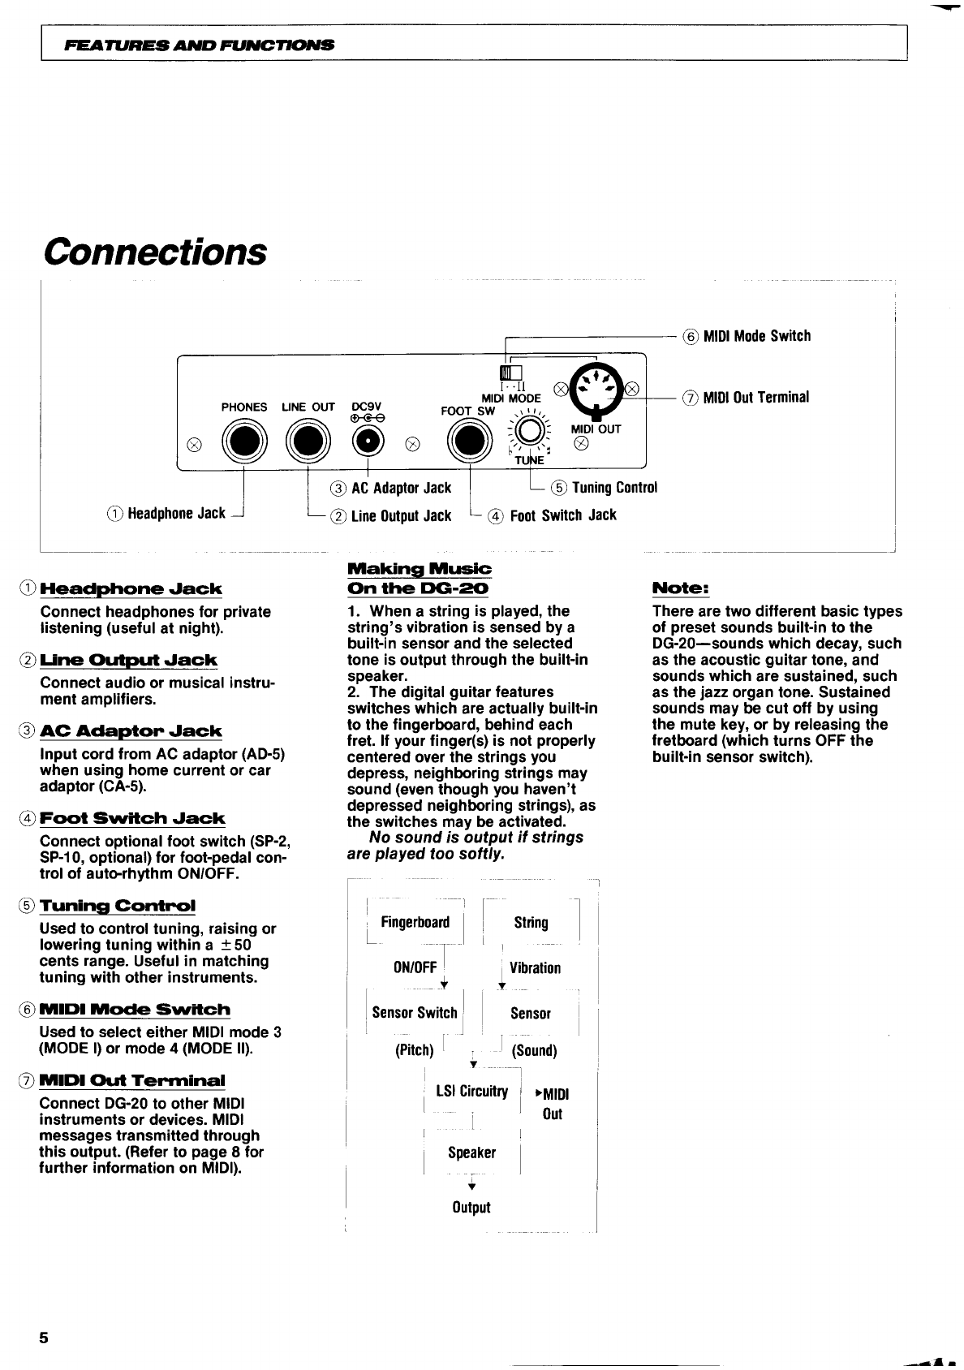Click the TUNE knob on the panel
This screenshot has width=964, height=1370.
click(529, 431)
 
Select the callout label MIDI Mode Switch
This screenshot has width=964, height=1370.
click(756, 336)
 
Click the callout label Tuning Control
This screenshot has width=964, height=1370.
click(614, 487)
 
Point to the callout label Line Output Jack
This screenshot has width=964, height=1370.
click(401, 516)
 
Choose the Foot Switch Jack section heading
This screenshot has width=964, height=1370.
click(132, 818)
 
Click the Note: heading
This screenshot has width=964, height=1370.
click(681, 588)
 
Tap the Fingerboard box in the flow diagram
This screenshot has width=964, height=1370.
click(415, 922)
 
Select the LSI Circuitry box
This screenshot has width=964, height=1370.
click(471, 1091)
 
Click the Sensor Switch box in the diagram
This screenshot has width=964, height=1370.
click(415, 1012)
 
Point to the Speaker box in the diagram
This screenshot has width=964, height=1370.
click(471, 1152)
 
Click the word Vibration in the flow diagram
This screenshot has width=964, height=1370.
click(535, 968)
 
